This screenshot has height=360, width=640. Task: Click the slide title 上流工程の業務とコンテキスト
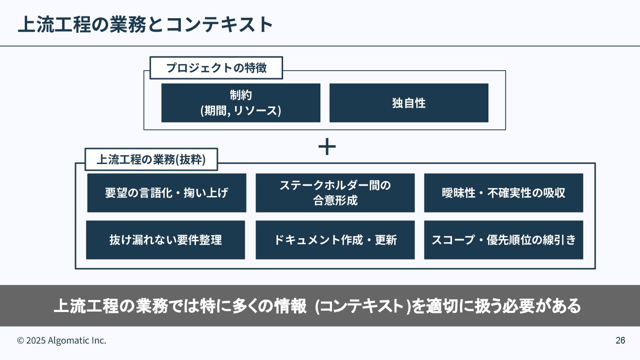(x=145, y=24)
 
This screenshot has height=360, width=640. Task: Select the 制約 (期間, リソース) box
(x=240, y=103)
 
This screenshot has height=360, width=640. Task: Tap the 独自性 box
(x=408, y=103)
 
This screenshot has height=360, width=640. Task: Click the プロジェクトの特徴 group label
(x=216, y=68)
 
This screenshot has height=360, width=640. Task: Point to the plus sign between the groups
(x=327, y=147)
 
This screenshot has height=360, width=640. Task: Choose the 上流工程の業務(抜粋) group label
(x=151, y=160)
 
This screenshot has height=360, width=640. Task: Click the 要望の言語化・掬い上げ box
(x=167, y=192)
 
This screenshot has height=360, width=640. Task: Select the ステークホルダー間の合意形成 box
(x=335, y=192)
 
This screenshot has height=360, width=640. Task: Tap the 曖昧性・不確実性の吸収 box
(x=503, y=192)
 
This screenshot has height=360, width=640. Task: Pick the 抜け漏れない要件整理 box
(x=165, y=240)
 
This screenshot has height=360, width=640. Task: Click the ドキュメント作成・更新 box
(x=335, y=240)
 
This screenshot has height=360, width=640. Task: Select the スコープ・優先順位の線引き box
(x=503, y=240)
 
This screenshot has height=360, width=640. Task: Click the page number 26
(x=620, y=340)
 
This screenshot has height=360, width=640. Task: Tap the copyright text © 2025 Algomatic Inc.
(x=62, y=340)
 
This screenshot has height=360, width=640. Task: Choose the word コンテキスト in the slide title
(x=219, y=24)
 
